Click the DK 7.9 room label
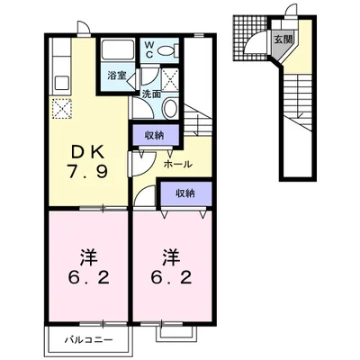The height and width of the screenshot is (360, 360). click(x=87, y=161)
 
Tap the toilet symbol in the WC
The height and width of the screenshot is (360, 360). click(x=167, y=50)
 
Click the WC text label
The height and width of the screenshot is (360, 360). click(x=149, y=49)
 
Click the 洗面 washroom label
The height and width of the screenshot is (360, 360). click(x=151, y=94)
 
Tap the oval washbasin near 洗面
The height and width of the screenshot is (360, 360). click(x=171, y=108)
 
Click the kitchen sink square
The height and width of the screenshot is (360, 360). click(x=62, y=84)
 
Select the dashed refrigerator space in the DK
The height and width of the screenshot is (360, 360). click(x=62, y=109)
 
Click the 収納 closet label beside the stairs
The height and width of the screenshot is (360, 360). click(x=154, y=136)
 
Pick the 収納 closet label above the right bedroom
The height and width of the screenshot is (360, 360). click(x=185, y=193)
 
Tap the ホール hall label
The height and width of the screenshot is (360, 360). click(x=177, y=164)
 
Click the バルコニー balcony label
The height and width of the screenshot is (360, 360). click(x=89, y=340)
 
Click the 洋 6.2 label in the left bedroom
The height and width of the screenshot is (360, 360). click(x=88, y=267)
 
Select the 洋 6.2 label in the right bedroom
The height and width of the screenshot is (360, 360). click(x=171, y=267)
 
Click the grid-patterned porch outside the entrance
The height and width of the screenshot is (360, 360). click(x=249, y=39)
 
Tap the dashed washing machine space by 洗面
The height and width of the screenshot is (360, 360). click(x=170, y=79)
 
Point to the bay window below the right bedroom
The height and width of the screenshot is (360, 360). click(x=176, y=333)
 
